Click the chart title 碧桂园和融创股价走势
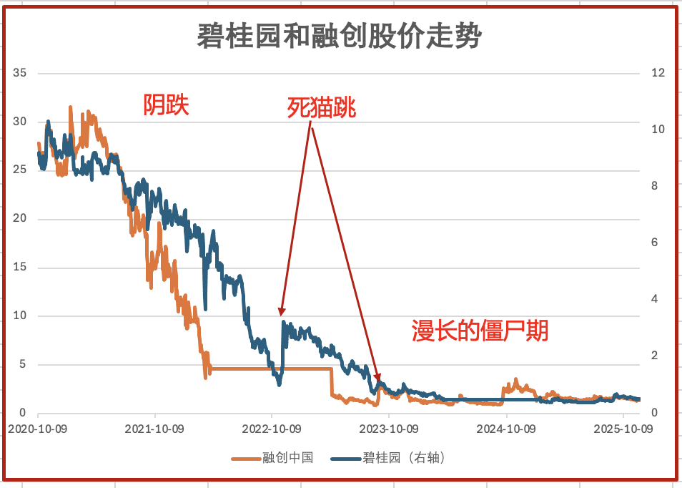(340, 35)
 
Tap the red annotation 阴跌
(166, 106)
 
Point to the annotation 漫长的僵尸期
(480, 331)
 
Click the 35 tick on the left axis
(19, 73)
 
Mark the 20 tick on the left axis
(19, 219)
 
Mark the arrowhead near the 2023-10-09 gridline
(378, 377)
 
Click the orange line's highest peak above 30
(70, 107)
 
